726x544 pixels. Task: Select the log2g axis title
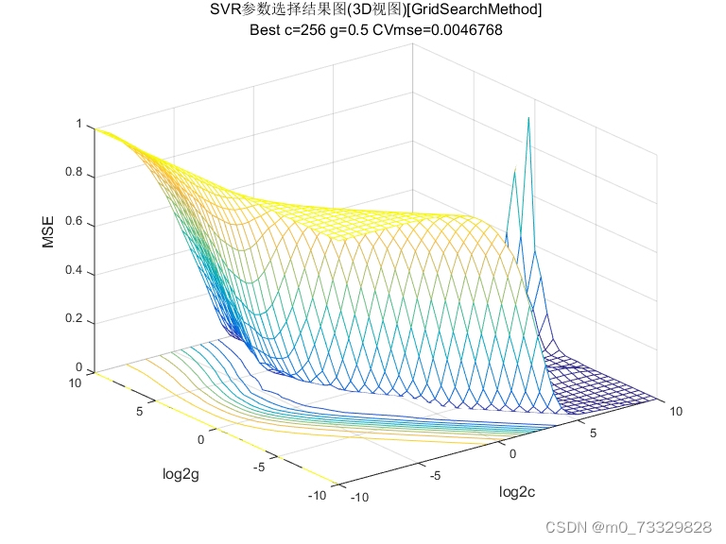click(x=181, y=474)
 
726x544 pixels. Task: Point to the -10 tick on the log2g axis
click(x=320, y=495)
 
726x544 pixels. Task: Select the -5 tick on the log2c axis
click(x=435, y=477)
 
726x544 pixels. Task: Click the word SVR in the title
click(x=225, y=10)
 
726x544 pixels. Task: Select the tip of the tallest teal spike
click(x=528, y=117)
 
